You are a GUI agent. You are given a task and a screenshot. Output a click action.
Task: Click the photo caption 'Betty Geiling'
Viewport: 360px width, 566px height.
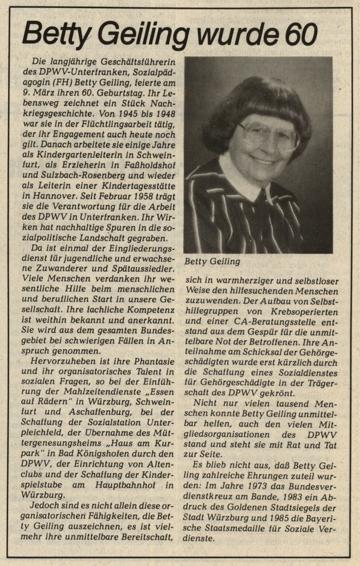click(x=212, y=261)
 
